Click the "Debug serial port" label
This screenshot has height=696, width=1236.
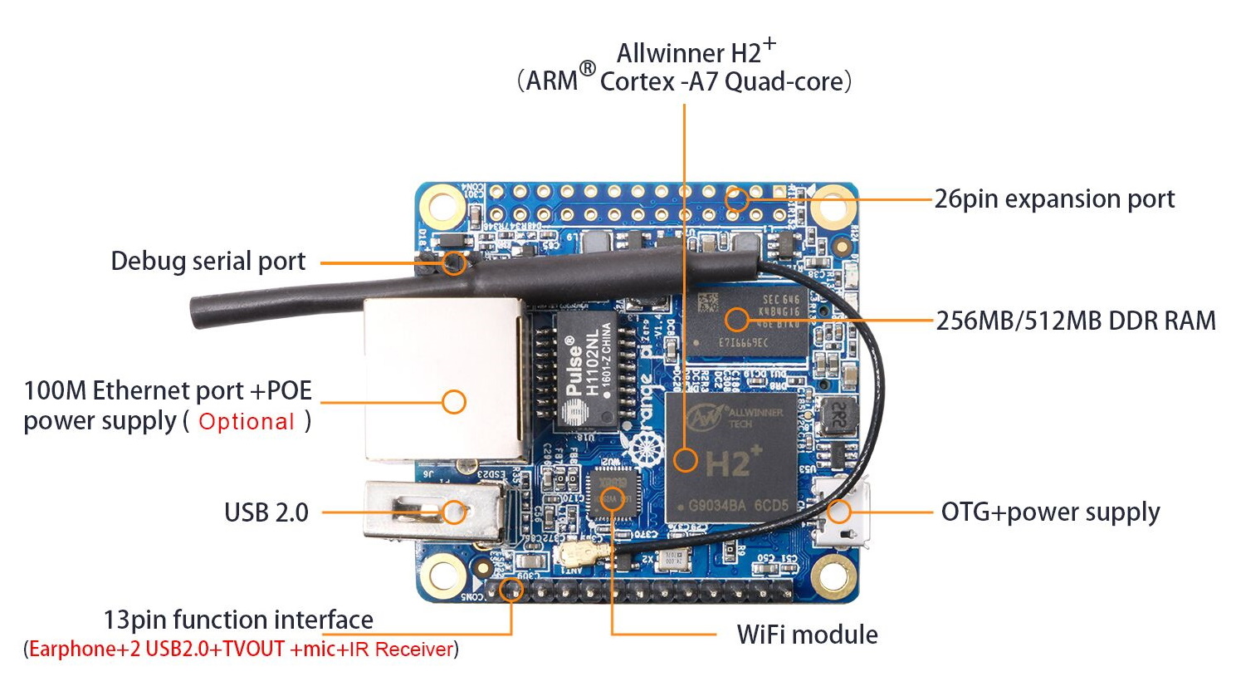click(x=208, y=262)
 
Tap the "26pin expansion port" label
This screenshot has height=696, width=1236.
click(x=1054, y=199)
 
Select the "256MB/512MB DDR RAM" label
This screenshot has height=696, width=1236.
click(x=1076, y=321)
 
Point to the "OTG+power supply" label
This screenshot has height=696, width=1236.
click(x=1050, y=512)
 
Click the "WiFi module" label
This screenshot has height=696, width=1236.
click(x=807, y=635)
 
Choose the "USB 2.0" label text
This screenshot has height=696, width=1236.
click(x=266, y=512)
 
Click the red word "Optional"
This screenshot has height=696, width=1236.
click(x=247, y=422)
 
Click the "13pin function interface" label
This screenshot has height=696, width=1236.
click(x=238, y=620)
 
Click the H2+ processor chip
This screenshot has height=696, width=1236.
click(x=725, y=457)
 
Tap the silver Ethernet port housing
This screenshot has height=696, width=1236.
click(x=444, y=378)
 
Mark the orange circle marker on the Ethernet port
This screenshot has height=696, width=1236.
click(x=454, y=402)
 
